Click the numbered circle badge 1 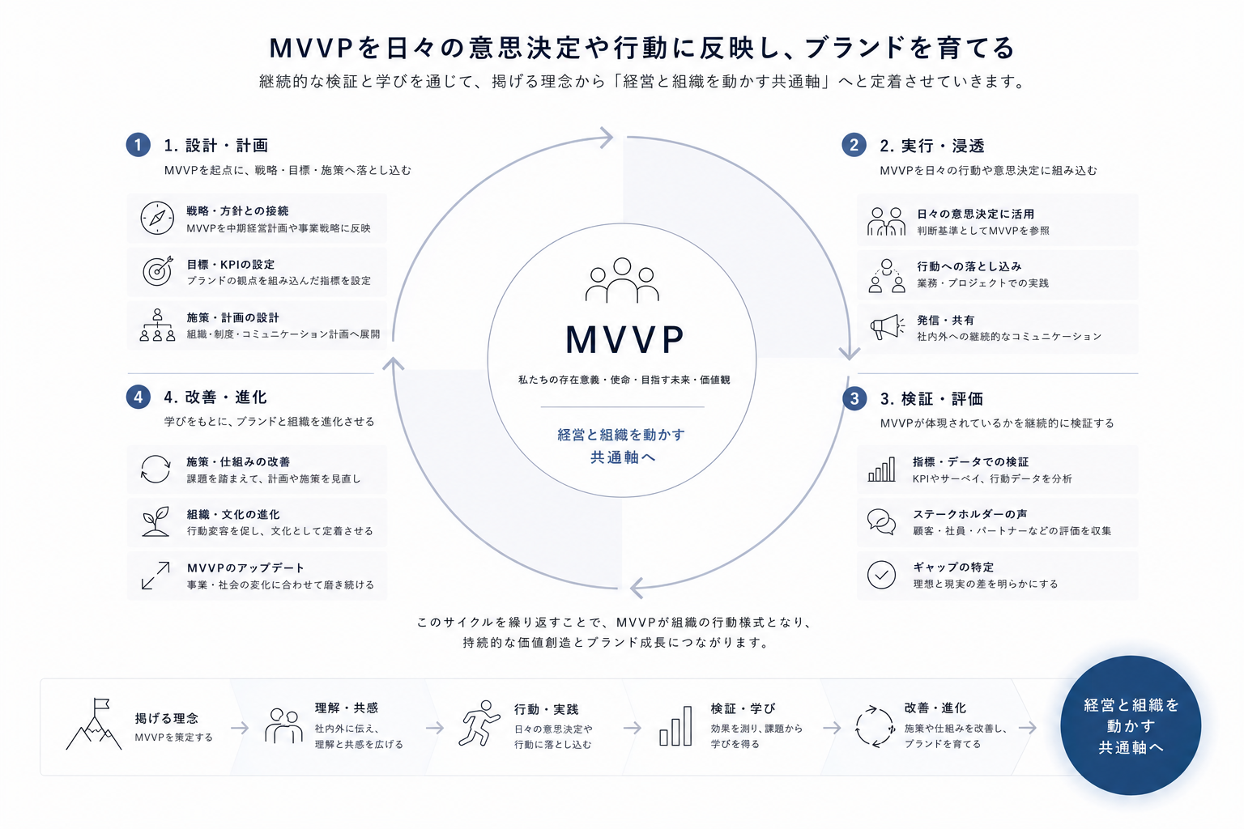coord(138,145)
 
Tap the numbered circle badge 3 coord(854,398)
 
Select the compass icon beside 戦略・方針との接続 coord(157,218)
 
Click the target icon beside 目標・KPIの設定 coord(158,271)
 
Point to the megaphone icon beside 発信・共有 coord(887,327)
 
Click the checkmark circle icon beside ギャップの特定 coord(881,575)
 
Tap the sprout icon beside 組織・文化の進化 coord(156,521)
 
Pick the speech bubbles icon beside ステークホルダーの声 coord(881,522)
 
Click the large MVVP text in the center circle coord(624,339)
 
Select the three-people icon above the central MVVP coord(622,279)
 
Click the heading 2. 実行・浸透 coord(932,146)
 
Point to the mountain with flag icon coord(94,724)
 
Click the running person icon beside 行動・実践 coord(479,723)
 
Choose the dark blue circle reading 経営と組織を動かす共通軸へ coord(1131,725)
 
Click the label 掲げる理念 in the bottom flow coord(167,719)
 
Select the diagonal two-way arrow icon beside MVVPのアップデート coord(155,576)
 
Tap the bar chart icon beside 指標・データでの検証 coord(882,470)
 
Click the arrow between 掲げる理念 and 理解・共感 coord(240,727)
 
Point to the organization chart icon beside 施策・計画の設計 coord(157,325)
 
